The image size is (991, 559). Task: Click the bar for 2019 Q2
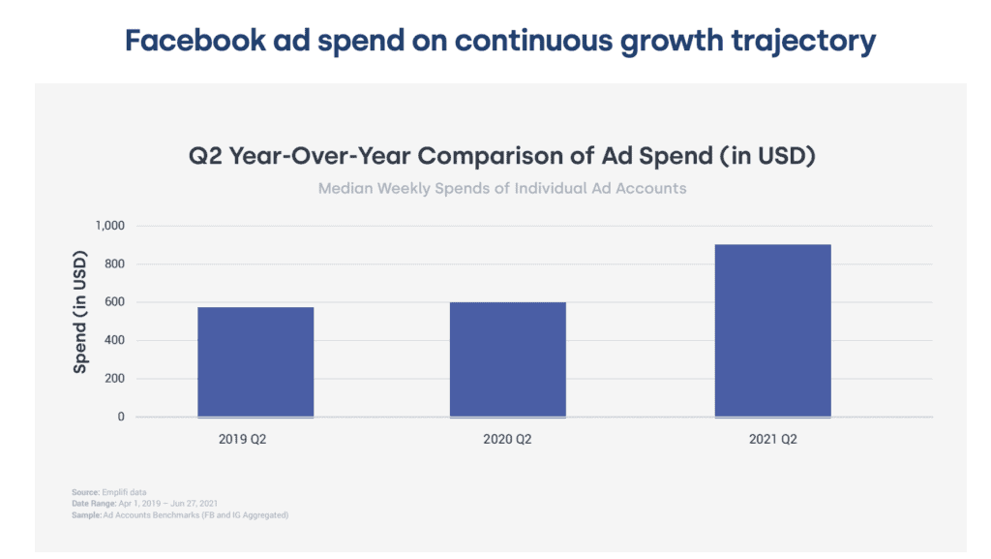255,362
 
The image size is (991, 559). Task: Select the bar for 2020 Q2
508,359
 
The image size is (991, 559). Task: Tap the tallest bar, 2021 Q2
772,330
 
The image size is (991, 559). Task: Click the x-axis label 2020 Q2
508,439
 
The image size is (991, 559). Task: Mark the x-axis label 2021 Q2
772,439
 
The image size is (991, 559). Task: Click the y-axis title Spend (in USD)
80,312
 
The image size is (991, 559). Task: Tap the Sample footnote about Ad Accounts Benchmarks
180,515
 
